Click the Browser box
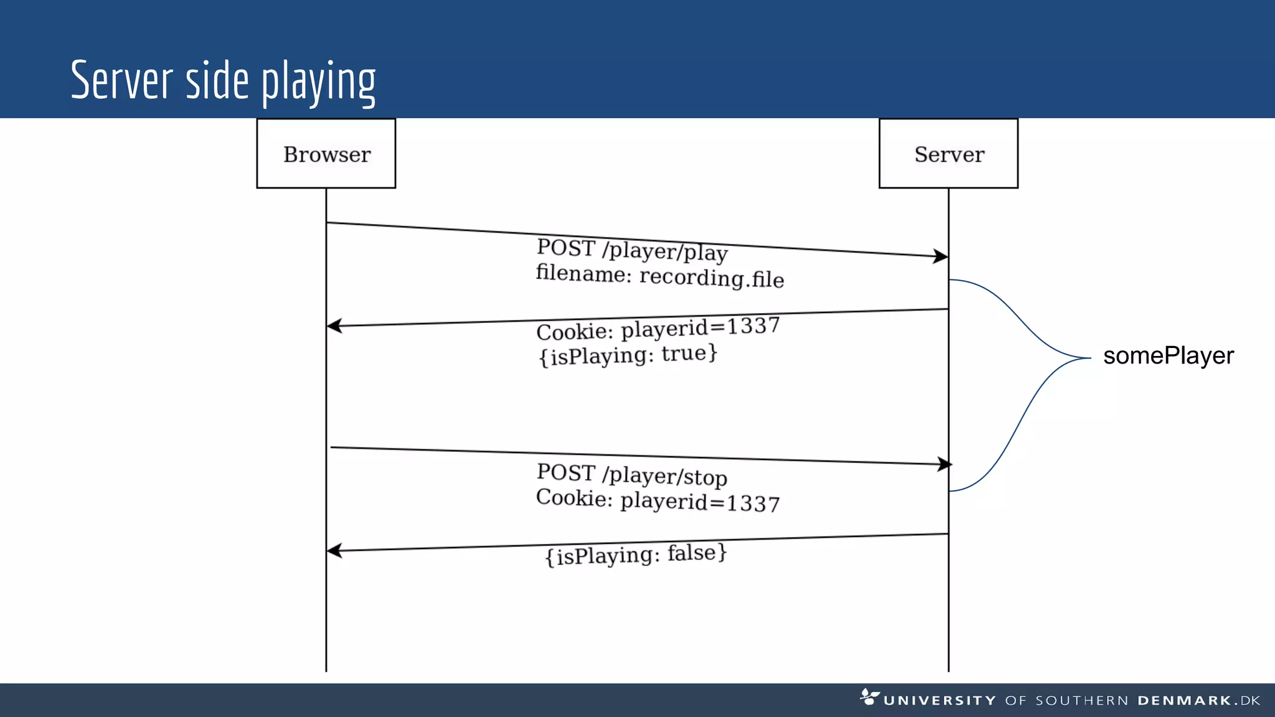pos(326,154)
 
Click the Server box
pos(948,154)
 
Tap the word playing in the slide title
pos(318,82)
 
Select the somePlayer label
pos(1168,356)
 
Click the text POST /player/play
pos(632,250)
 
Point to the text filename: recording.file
pos(659,276)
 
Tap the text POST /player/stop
pos(631,475)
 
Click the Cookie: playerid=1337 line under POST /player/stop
pos(657,500)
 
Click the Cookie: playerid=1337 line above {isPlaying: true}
pos(658,329)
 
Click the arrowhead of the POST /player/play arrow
pos(941,256)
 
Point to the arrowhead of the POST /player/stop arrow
pos(945,464)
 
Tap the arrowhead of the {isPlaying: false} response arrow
pos(334,551)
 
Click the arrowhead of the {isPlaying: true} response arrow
pos(334,326)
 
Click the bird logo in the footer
pos(869,696)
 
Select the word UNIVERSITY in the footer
pos(939,701)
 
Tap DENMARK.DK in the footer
pos(1198,701)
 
